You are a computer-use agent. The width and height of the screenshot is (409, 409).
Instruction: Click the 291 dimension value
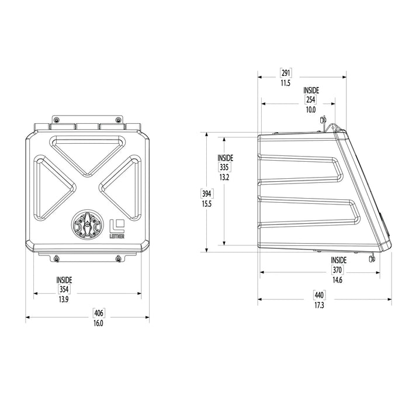tap(286, 74)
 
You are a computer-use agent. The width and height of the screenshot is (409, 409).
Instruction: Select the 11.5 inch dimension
tap(285, 84)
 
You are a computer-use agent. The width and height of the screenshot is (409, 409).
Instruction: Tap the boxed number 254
tap(310, 100)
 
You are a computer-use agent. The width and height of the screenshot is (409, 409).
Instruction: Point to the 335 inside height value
tap(224, 167)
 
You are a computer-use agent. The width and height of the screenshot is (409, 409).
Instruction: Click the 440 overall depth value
tap(318, 296)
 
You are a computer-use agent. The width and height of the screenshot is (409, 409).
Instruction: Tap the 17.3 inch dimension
tap(318, 306)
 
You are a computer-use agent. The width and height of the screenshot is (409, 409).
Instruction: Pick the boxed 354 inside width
tap(64, 289)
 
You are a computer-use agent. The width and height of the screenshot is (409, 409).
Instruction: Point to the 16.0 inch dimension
tap(98, 324)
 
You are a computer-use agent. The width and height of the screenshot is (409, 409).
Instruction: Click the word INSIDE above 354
tap(64, 280)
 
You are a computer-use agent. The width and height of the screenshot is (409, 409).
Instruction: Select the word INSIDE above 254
tap(311, 91)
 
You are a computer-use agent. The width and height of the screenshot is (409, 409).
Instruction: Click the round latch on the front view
tap(86, 226)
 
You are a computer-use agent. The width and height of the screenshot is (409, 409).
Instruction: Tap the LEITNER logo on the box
tap(117, 228)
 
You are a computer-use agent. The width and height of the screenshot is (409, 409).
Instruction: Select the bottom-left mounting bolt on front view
tap(56, 258)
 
